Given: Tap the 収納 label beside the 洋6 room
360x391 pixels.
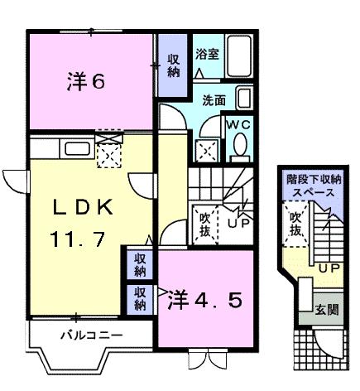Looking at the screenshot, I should point(173,65).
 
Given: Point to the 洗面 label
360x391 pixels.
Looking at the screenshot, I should point(214,101).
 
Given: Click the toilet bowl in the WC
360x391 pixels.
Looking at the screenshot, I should point(240,147).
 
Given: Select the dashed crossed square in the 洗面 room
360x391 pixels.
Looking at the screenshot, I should point(205,150).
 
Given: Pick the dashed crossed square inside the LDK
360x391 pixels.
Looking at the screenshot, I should point(109,154).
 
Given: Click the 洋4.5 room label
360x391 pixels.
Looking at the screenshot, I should point(207,299).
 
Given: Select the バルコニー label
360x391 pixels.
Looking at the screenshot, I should point(91,336).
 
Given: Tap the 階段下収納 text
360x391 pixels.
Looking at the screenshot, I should point(311,178).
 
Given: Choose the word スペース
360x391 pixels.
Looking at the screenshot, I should point(311,191).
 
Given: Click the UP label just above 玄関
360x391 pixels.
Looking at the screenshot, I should point(329,268).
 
